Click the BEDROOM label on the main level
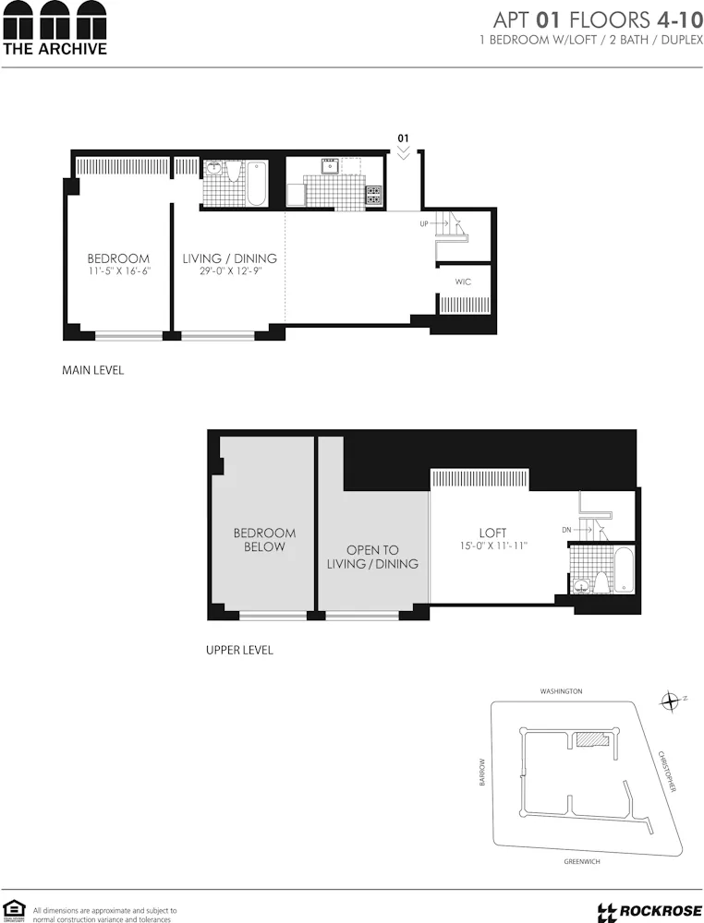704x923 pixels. pos(118,258)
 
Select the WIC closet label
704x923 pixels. pos(463,282)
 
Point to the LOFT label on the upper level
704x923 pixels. pos(492,533)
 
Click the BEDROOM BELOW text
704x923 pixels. pos(264,539)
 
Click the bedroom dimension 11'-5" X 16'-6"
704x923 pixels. pos(118,272)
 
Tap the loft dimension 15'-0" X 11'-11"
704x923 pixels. pos(492,546)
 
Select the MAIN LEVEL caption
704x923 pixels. pos(92,370)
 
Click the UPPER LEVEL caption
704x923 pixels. pos(239,650)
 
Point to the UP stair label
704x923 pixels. pos(424,224)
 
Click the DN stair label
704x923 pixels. pos(566,530)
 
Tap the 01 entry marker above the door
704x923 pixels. pos(403,138)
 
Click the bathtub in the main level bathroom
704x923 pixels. pos(256,183)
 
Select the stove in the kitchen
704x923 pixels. pos(373,195)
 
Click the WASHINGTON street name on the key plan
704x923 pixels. pos(562,690)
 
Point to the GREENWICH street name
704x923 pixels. pos(582,861)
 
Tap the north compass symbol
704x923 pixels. pos(670,701)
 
